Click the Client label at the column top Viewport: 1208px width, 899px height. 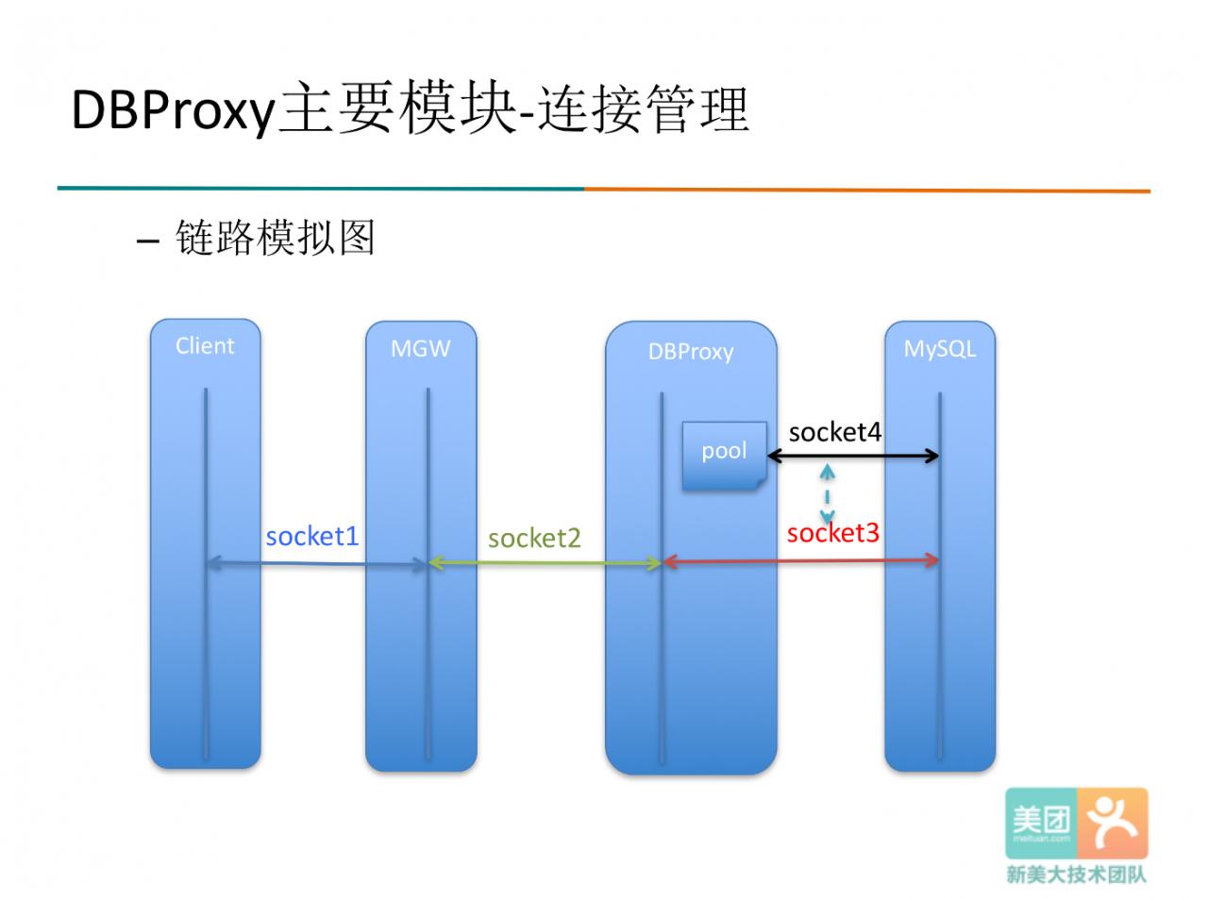click(x=205, y=346)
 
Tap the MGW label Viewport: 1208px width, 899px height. click(x=421, y=349)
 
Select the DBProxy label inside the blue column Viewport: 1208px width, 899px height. click(x=691, y=352)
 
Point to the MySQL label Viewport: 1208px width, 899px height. click(x=939, y=349)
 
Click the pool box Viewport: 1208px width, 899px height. click(x=725, y=456)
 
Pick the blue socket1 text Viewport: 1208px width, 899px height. click(x=312, y=537)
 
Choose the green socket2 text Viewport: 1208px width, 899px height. click(x=534, y=539)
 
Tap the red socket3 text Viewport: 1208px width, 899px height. click(x=832, y=533)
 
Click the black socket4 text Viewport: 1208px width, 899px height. click(x=835, y=433)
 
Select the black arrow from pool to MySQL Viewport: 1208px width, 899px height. click(x=853, y=456)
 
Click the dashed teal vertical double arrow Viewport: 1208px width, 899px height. click(x=828, y=494)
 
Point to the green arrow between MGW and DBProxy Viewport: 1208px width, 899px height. click(x=545, y=563)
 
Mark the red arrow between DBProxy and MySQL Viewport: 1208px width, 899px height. click(x=800, y=561)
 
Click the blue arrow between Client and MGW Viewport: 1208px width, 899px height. click(x=317, y=564)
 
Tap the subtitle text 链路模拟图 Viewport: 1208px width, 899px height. click(x=275, y=238)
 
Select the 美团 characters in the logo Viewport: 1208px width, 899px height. click(x=1041, y=821)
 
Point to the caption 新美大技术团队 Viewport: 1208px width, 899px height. click(x=1076, y=874)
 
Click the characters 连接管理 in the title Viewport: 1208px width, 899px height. click(x=644, y=108)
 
